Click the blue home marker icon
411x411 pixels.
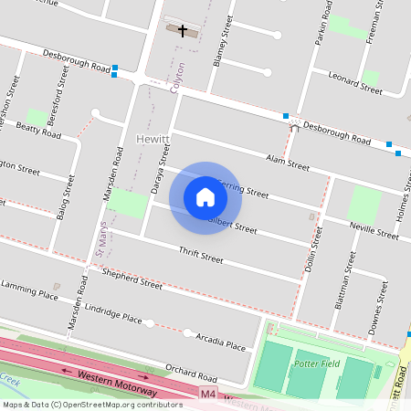click(x=205, y=196)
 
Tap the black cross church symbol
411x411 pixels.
click(x=183, y=30)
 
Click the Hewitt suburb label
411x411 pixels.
click(x=147, y=138)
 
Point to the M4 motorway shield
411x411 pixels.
click(x=209, y=394)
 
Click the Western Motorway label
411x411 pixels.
click(x=113, y=379)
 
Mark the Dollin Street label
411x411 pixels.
click(x=312, y=252)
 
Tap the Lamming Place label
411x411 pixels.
click(x=29, y=292)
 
